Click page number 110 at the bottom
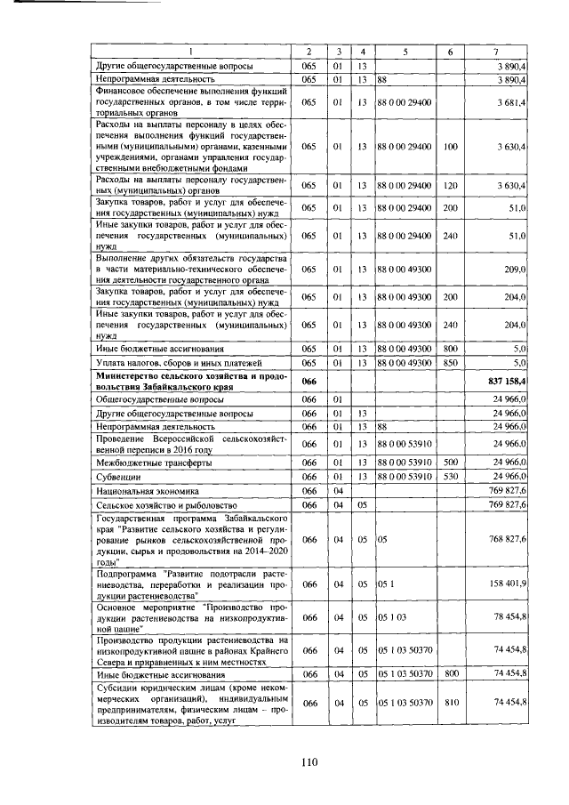[x=309, y=761]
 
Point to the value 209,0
[x=517, y=269]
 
